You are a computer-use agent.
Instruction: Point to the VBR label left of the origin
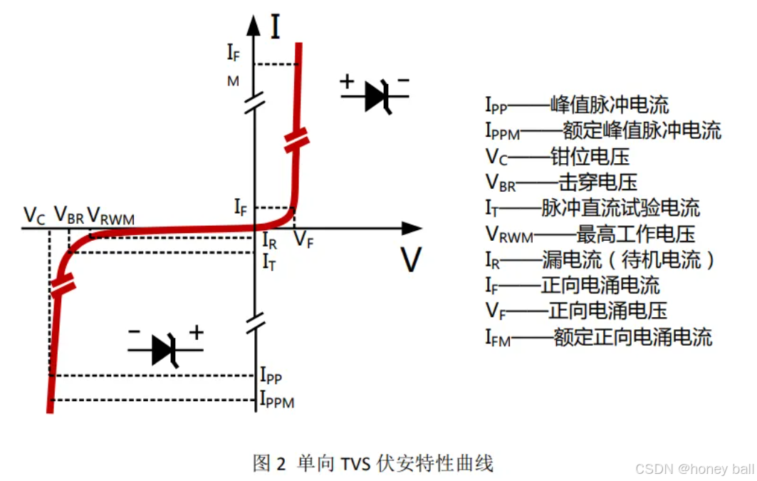(x=69, y=215)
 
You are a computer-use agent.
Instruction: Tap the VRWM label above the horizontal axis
(x=110, y=215)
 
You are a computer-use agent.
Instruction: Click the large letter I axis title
(x=275, y=27)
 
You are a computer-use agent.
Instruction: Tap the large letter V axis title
(x=411, y=260)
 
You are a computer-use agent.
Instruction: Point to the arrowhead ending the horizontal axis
(x=411, y=229)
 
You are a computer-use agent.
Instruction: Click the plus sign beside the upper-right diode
(x=347, y=81)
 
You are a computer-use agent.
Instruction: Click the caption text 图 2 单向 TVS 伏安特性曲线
(x=373, y=464)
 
